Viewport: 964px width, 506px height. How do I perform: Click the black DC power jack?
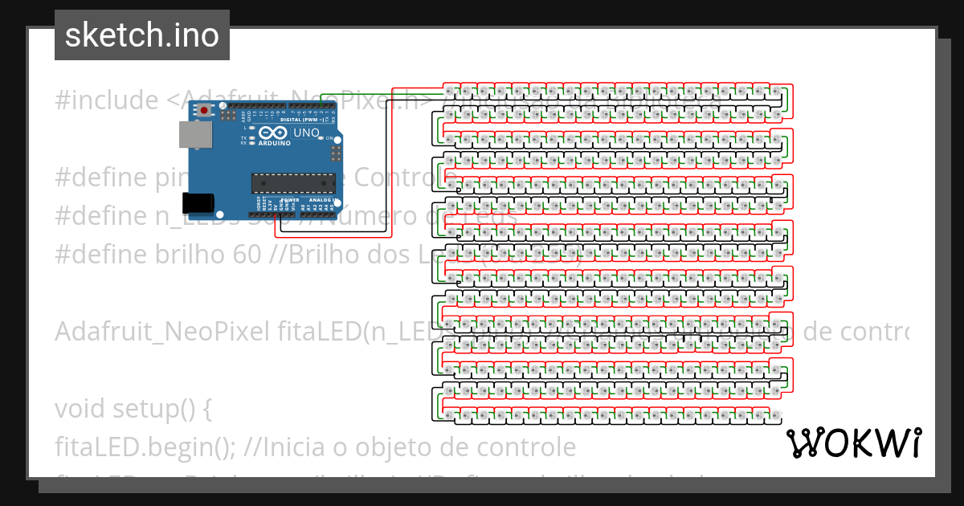[x=200, y=203]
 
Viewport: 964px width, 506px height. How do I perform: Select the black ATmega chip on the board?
[x=292, y=184]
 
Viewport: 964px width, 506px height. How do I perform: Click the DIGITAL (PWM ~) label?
[x=304, y=120]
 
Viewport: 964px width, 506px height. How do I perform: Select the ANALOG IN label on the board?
[x=323, y=199]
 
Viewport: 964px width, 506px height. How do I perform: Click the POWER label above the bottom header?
[x=290, y=199]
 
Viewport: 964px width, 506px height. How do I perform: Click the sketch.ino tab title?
[x=141, y=35]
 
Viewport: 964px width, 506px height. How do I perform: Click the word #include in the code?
[x=107, y=100]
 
